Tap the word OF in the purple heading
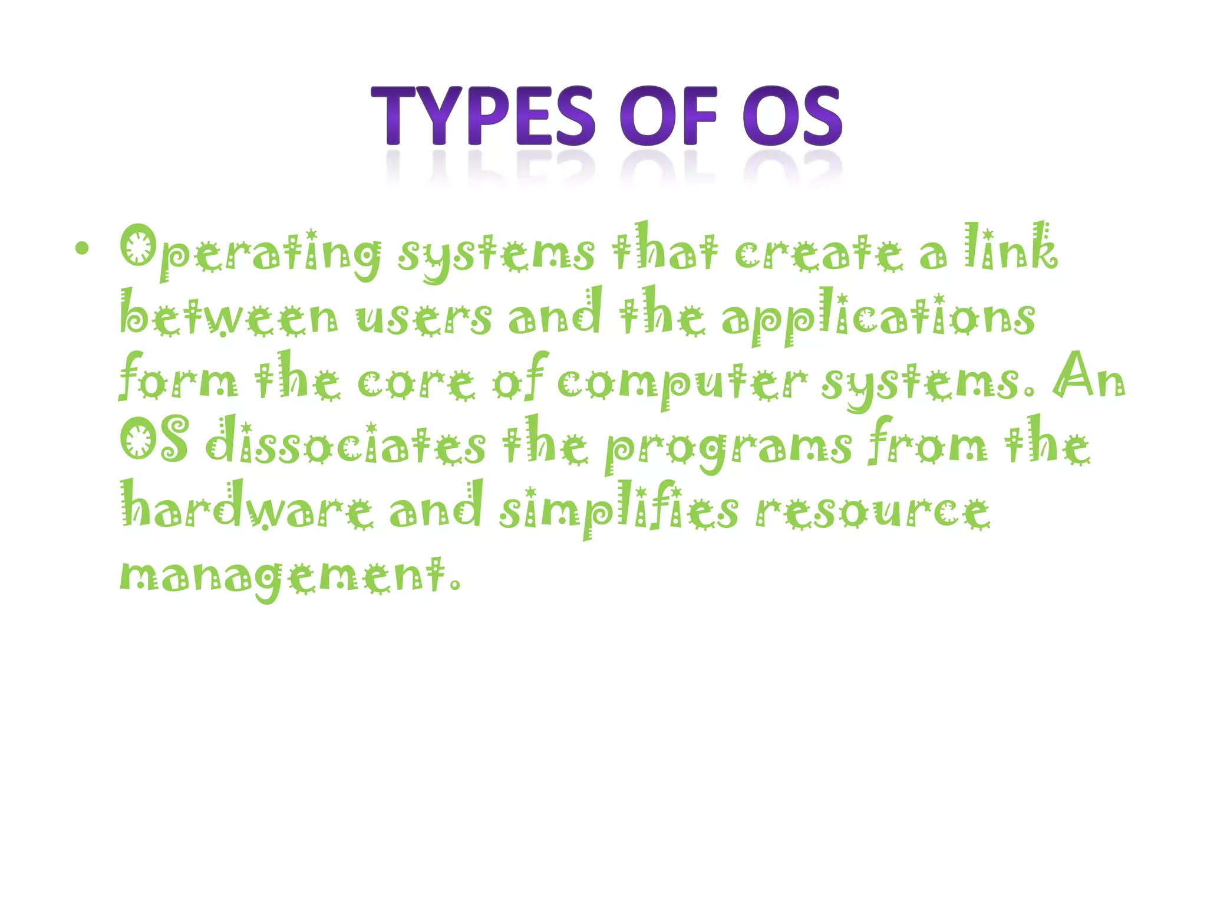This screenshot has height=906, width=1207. [x=669, y=116]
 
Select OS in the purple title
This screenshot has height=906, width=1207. [x=792, y=116]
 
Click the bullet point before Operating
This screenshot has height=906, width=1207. [x=82, y=250]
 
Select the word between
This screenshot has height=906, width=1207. [x=229, y=316]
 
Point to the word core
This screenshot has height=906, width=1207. [x=415, y=382]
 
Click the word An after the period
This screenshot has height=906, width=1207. [x=1089, y=377]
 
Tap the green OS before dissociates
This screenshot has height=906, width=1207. [x=154, y=439]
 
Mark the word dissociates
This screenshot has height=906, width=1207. [x=347, y=442]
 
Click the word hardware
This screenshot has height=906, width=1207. [x=247, y=507]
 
